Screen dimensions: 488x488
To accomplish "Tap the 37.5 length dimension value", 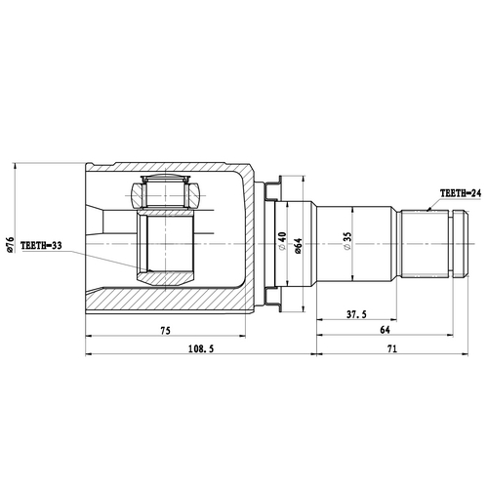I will coord(355,314).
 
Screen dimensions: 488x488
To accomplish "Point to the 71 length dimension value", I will coord(390,348).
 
